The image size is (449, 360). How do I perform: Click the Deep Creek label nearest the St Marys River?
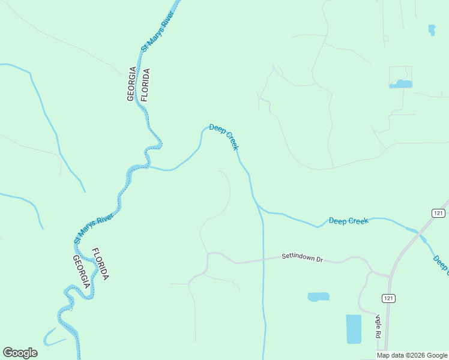pyautogui.click(x=224, y=137)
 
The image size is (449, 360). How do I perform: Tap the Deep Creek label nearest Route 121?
pyautogui.click(x=348, y=221)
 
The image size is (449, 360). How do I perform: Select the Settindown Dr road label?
pyautogui.click(x=303, y=257)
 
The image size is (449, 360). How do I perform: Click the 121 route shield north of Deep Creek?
pyautogui.click(x=438, y=213)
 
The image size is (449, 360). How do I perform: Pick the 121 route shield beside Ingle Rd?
pyautogui.click(x=388, y=298)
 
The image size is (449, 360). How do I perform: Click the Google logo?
pyautogui.click(x=20, y=353)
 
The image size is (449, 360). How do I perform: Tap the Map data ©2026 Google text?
pyautogui.click(x=412, y=355)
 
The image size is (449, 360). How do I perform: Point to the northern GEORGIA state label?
pyautogui.click(x=131, y=85)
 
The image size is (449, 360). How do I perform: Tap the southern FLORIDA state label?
pyautogui.click(x=100, y=264)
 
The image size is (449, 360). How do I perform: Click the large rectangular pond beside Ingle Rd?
pyautogui.click(x=354, y=329)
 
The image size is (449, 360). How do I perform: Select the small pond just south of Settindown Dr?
pyautogui.click(x=318, y=296)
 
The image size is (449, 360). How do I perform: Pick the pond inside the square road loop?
pyautogui.click(x=400, y=84)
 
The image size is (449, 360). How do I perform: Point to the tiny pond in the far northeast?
pyautogui.click(x=432, y=29)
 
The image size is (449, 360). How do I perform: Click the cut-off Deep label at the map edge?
pyautogui.click(x=441, y=263)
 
